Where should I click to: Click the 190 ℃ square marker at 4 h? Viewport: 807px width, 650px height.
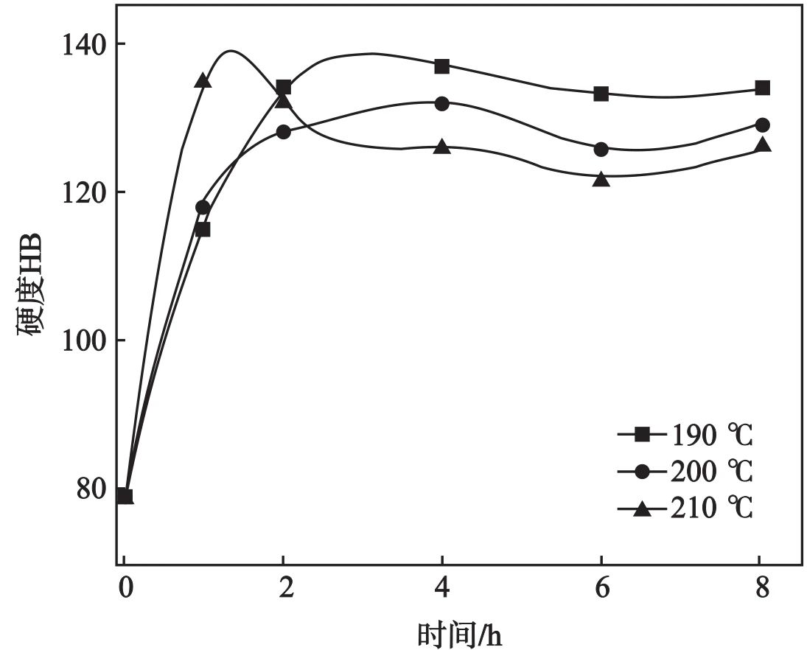pyautogui.click(x=441, y=66)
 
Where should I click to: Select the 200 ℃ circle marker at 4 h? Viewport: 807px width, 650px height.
pyautogui.click(x=441, y=104)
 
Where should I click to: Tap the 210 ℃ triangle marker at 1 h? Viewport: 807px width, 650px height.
pyautogui.click(x=203, y=81)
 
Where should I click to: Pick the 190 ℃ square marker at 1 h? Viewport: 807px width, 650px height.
pyautogui.click(x=203, y=229)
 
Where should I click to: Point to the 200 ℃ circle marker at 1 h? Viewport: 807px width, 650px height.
pyautogui.click(x=203, y=207)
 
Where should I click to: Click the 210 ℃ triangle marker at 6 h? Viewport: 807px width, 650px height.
pyautogui.click(x=601, y=179)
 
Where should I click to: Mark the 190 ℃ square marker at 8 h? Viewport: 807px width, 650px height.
pyautogui.click(x=762, y=88)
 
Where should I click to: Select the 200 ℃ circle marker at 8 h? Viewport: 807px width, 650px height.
pyautogui.click(x=762, y=125)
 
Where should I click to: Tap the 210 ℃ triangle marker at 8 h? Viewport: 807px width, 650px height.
pyautogui.click(x=762, y=145)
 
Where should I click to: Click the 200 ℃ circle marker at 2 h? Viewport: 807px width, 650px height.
pyautogui.click(x=283, y=133)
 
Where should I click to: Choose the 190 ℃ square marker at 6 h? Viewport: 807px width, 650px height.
pyautogui.click(x=601, y=94)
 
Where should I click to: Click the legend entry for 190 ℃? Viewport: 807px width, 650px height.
pyautogui.click(x=685, y=436)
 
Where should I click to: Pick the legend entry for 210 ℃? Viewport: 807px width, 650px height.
pyautogui.click(x=685, y=508)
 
